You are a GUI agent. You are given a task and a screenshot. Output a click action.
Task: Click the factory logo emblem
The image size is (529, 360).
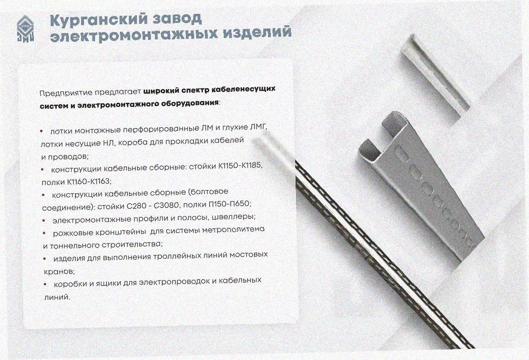click(26, 29)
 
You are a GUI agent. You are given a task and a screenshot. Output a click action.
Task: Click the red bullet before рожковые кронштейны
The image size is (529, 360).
click(45, 233)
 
